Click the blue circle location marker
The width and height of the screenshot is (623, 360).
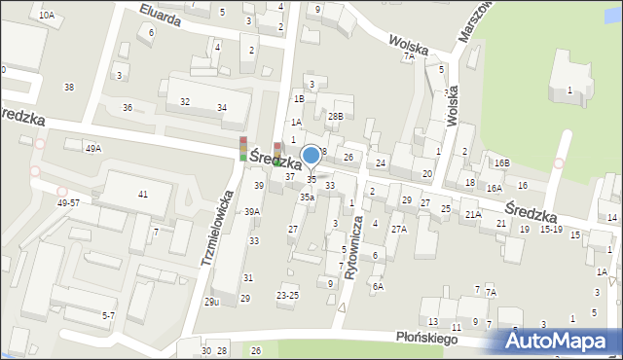[x=311, y=155]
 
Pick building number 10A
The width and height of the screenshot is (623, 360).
[x=47, y=16]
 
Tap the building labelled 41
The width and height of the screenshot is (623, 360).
[x=143, y=195]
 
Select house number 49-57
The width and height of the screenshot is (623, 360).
[x=68, y=202]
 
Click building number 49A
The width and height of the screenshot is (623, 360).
[x=92, y=148]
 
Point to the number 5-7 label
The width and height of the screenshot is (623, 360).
[x=109, y=315]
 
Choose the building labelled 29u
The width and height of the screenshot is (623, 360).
[x=211, y=302]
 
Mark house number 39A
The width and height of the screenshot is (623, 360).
[x=251, y=211]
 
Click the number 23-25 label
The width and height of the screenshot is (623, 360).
[x=287, y=294]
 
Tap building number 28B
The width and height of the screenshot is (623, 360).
[x=335, y=116]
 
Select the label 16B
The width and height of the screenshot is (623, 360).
[x=501, y=163]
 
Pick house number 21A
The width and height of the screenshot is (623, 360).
[x=473, y=214]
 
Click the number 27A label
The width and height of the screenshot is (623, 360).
[x=398, y=230]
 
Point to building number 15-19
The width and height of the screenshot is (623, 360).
[x=551, y=230]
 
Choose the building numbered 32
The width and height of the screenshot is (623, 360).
[x=184, y=101]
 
